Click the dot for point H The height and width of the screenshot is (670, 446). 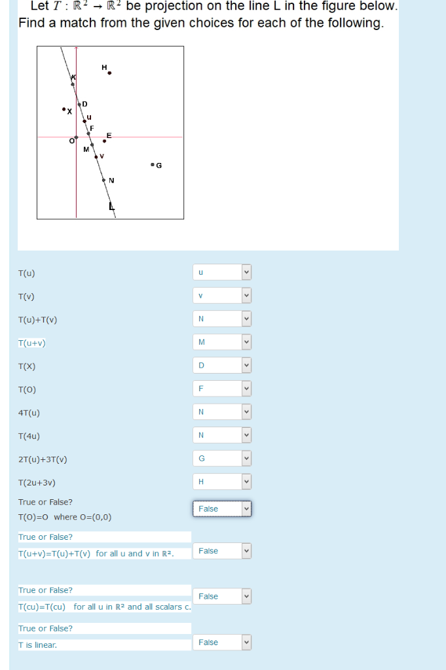pyautogui.click(x=109, y=73)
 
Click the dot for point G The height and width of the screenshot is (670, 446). pyautogui.click(x=152, y=164)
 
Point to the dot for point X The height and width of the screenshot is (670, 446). pyautogui.click(x=64, y=109)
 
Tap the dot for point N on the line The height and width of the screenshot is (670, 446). pyautogui.click(x=103, y=179)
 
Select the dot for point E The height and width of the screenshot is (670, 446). pyautogui.click(x=104, y=141)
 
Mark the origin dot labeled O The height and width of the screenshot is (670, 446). pyautogui.click(x=76, y=137)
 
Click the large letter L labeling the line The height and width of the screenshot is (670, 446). pyautogui.click(x=111, y=207)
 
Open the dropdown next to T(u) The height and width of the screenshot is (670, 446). pyautogui.click(x=222, y=272)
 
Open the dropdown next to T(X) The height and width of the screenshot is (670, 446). pyautogui.click(x=222, y=365)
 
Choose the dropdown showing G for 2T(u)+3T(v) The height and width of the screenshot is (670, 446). pyautogui.click(x=222, y=458)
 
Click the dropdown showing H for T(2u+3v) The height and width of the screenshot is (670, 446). pyautogui.click(x=222, y=482)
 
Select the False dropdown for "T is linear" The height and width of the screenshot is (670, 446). pyautogui.click(x=222, y=643)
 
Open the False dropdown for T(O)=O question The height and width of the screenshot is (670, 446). pyautogui.click(x=222, y=509)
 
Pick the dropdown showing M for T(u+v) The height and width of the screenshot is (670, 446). pyautogui.click(x=222, y=342)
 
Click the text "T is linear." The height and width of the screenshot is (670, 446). pyautogui.click(x=37, y=645)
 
